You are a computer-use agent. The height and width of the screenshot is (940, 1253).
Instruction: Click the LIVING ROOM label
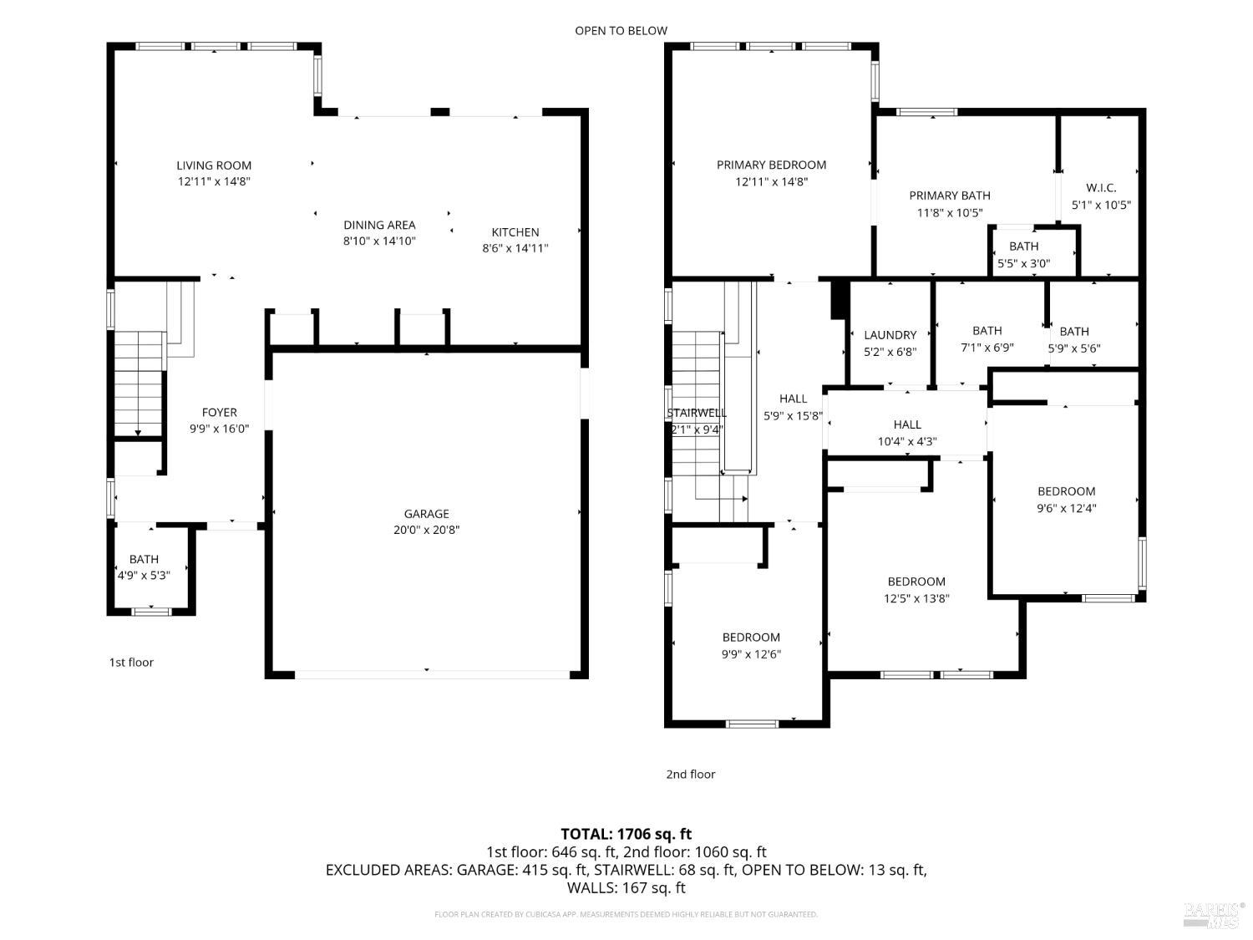[x=214, y=165]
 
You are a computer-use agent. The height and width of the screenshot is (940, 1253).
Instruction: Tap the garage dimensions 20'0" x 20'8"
[x=427, y=530]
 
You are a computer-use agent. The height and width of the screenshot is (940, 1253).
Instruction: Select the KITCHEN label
[x=515, y=232]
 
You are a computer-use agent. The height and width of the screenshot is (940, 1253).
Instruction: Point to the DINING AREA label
[x=379, y=225]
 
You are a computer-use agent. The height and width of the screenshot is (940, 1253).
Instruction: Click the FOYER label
[x=220, y=412]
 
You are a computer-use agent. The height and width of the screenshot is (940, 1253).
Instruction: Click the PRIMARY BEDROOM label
[x=771, y=165]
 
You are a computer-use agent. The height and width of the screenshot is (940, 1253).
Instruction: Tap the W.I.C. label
[x=1100, y=188]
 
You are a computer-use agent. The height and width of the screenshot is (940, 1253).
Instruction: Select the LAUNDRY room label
[x=890, y=335]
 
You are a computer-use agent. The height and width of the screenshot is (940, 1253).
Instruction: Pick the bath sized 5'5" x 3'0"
[x=1023, y=255]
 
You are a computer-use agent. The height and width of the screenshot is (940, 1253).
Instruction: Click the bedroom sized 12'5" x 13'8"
[x=916, y=590]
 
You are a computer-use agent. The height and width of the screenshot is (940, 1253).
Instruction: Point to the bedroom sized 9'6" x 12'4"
[x=1066, y=500]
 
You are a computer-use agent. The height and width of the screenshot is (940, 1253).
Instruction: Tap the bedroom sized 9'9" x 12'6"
[x=751, y=646]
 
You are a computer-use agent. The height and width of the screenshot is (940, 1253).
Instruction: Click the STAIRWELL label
[x=697, y=413]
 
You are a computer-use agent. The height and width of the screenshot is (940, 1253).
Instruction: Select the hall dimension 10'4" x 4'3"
[x=907, y=441]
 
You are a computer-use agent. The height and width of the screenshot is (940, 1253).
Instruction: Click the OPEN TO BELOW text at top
[x=621, y=31]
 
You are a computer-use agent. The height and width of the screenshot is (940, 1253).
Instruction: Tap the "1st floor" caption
[x=131, y=663]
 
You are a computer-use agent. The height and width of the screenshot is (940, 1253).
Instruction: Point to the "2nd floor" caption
[x=690, y=775]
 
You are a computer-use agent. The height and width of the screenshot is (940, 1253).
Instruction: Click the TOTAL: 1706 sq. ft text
[x=626, y=834]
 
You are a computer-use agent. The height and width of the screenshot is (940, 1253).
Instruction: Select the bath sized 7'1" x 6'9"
[x=987, y=339]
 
